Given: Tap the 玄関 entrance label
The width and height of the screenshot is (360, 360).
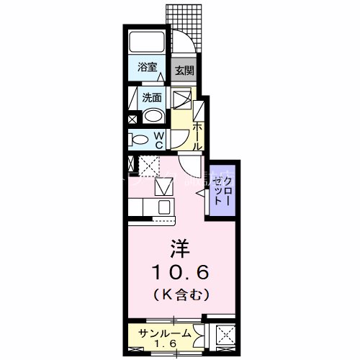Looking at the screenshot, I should pos(184,71).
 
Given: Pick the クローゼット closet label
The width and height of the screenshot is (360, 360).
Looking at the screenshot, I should pos(221,190).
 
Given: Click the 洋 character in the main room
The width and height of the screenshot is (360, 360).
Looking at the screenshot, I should pos(179,249).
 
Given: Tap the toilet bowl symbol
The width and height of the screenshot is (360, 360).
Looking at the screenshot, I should pos(140,138).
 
